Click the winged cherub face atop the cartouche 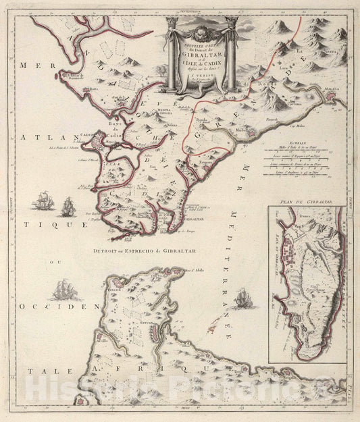(x=203, y=31)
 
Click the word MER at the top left (x=29, y=66)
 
